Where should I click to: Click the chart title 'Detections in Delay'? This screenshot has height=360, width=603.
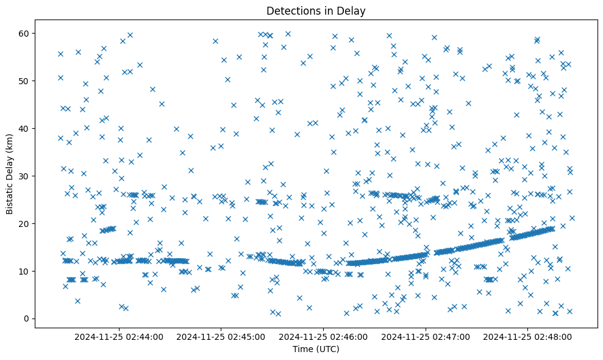(x=316, y=10)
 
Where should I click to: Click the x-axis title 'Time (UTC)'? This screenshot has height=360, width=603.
(x=316, y=349)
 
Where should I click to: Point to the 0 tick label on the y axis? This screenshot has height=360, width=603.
(x=26, y=319)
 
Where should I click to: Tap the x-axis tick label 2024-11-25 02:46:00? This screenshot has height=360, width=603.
(x=324, y=336)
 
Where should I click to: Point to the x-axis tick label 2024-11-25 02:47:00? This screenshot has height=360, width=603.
(x=426, y=336)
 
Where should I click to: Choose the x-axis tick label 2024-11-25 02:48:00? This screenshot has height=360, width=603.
(x=528, y=336)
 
